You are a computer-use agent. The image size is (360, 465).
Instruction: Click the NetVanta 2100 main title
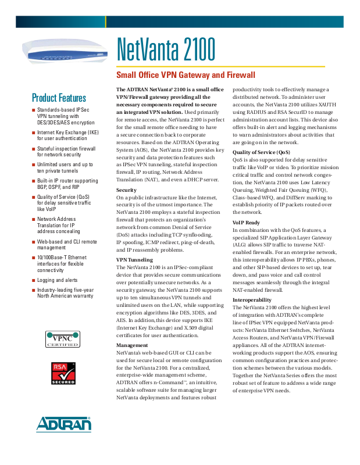[166, 51]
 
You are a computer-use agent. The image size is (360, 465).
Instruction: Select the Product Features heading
[59, 98]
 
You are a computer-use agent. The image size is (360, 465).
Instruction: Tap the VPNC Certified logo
[62, 339]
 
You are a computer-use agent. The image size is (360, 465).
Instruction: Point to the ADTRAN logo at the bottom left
[64, 424]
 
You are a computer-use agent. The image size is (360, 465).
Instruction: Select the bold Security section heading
[126, 190]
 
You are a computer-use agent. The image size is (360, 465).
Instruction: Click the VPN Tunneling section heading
[134, 260]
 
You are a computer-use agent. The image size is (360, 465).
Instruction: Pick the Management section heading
[132, 345]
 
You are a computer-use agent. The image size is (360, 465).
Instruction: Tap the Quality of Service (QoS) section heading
[261, 152]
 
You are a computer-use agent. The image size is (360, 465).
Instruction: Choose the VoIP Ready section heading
[246, 223]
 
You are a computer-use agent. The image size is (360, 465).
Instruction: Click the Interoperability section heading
[252, 300]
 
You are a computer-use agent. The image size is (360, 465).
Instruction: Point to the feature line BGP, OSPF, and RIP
[58, 187]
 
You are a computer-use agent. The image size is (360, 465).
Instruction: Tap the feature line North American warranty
[65, 296]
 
